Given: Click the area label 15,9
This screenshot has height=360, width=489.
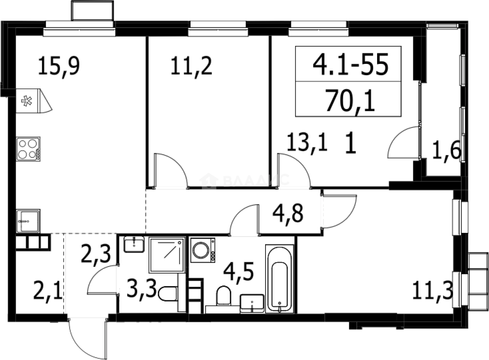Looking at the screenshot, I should pos(59,66).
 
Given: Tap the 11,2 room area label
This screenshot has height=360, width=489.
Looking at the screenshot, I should pos(191,66).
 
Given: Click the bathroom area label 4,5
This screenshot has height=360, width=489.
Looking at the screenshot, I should pos(239,271).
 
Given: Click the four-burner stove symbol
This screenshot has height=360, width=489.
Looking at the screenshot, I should pos(28,148).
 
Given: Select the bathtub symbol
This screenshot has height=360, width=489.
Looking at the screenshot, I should pos(279,278).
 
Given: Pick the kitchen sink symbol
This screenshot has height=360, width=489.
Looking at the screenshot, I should pos(28,221).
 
